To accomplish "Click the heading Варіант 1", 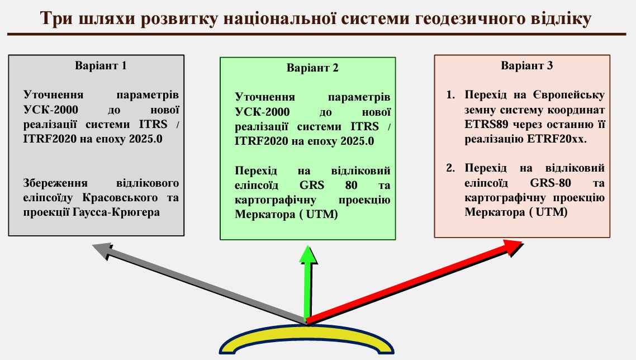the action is (x=101, y=66).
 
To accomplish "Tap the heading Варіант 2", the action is (x=312, y=68).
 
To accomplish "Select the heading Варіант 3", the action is (x=526, y=66).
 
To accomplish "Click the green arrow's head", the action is (x=308, y=255).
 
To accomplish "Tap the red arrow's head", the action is (x=512, y=247).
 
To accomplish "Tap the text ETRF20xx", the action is (x=557, y=139).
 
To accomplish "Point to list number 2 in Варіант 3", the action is (x=450, y=168).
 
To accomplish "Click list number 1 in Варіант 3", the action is (x=450, y=95).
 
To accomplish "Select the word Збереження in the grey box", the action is (x=55, y=183).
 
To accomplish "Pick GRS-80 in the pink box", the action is (x=550, y=183).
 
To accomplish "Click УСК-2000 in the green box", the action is (x=262, y=112).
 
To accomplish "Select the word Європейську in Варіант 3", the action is (x=569, y=96).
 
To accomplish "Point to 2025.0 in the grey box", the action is (x=146, y=139).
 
